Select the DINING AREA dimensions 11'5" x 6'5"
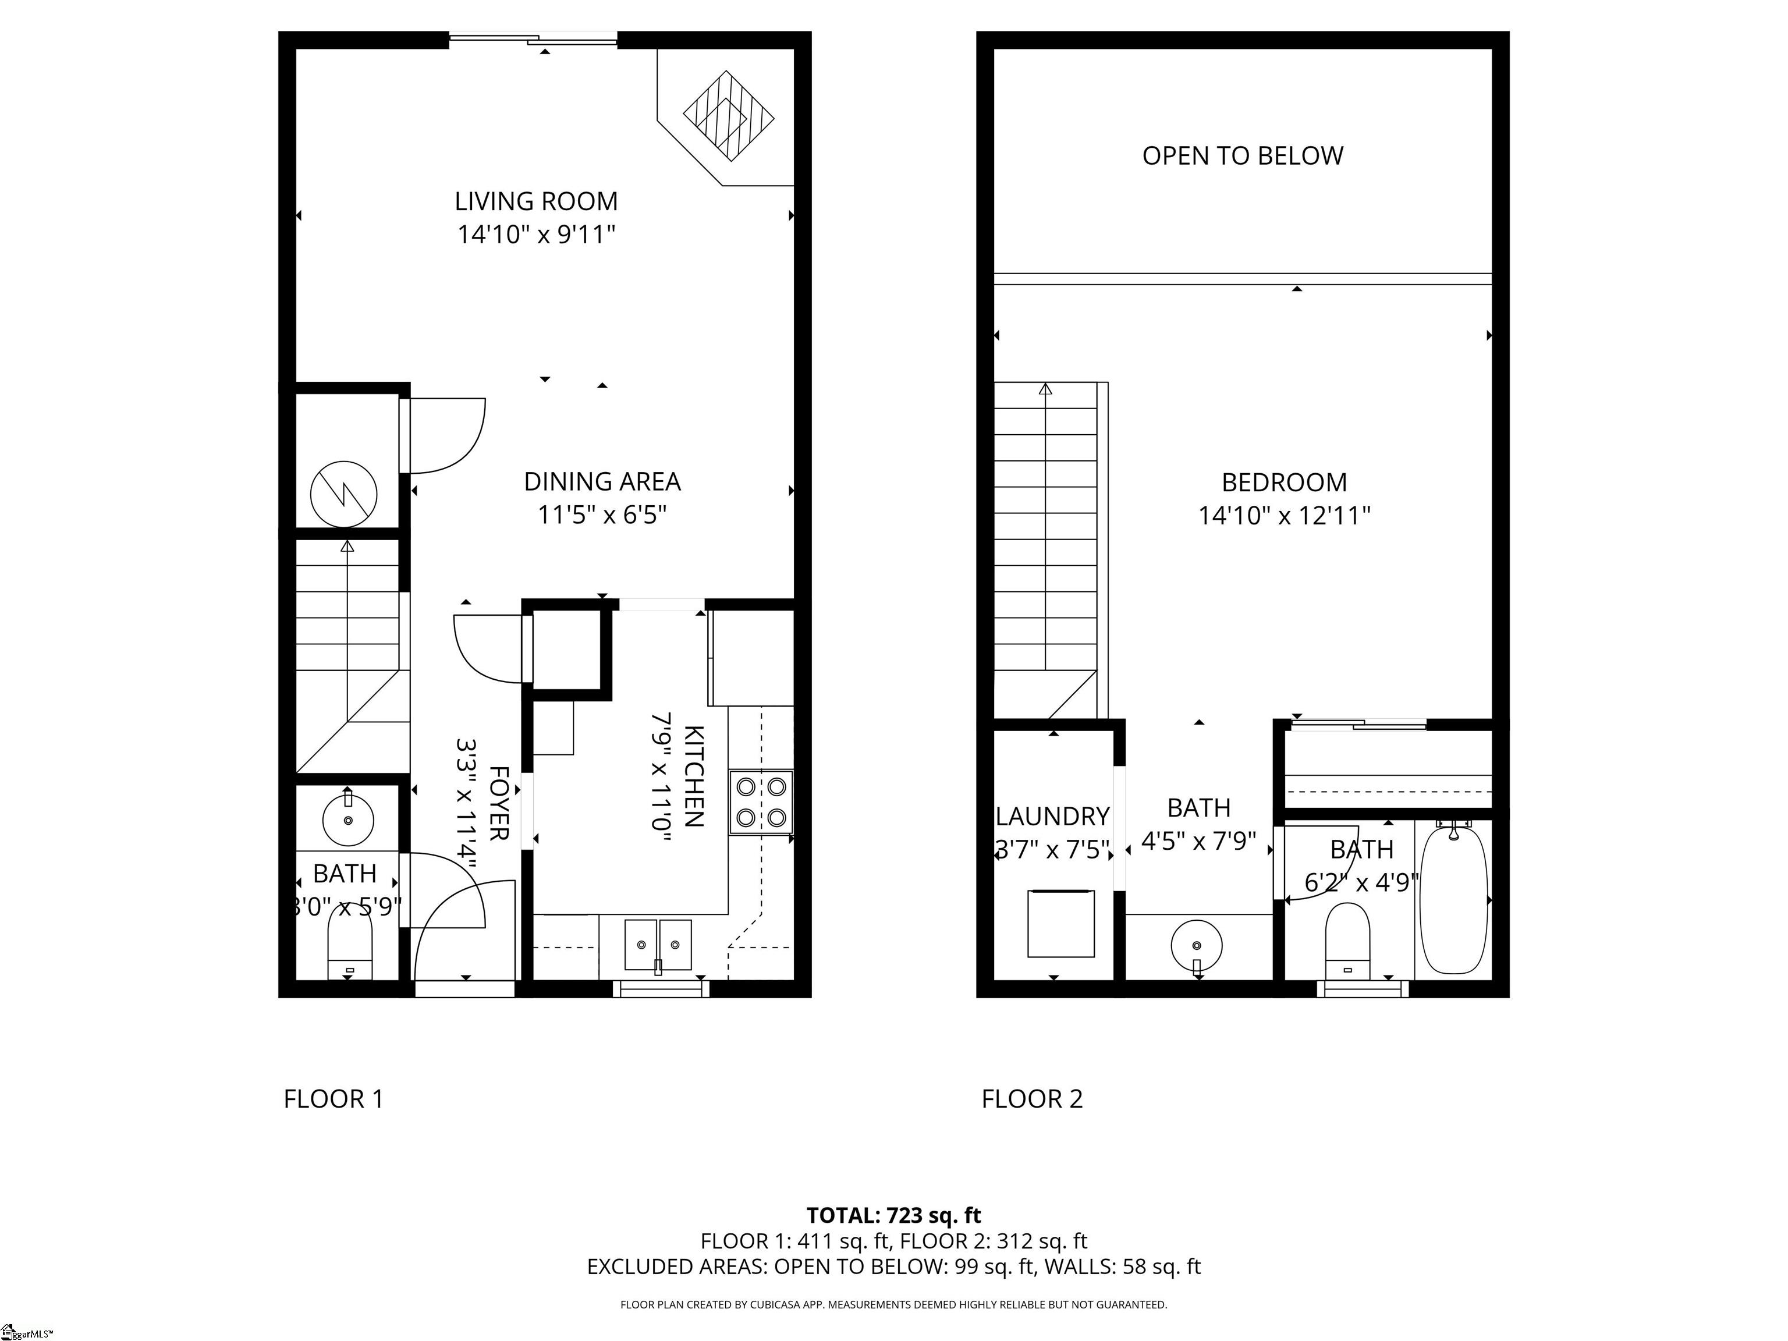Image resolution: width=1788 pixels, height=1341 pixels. click(602, 515)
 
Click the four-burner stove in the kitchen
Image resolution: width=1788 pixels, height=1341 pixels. click(761, 803)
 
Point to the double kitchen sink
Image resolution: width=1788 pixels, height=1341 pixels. click(658, 945)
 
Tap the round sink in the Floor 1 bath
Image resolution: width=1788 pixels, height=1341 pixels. click(349, 819)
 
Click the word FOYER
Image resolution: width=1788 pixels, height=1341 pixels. click(499, 803)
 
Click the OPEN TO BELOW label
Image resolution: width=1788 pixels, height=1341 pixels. click(1243, 156)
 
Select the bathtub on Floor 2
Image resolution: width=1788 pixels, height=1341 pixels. click(1453, 898)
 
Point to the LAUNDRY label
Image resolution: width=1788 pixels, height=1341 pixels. click(1052, 817)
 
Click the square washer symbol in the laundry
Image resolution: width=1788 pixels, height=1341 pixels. click(1061, 923)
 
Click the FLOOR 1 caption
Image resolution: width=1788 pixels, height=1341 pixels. click(333, 1099)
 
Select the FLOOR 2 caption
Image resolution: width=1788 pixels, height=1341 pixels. click(1031, 1099)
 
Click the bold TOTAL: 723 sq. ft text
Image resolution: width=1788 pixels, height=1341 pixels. click(894, 1216)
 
